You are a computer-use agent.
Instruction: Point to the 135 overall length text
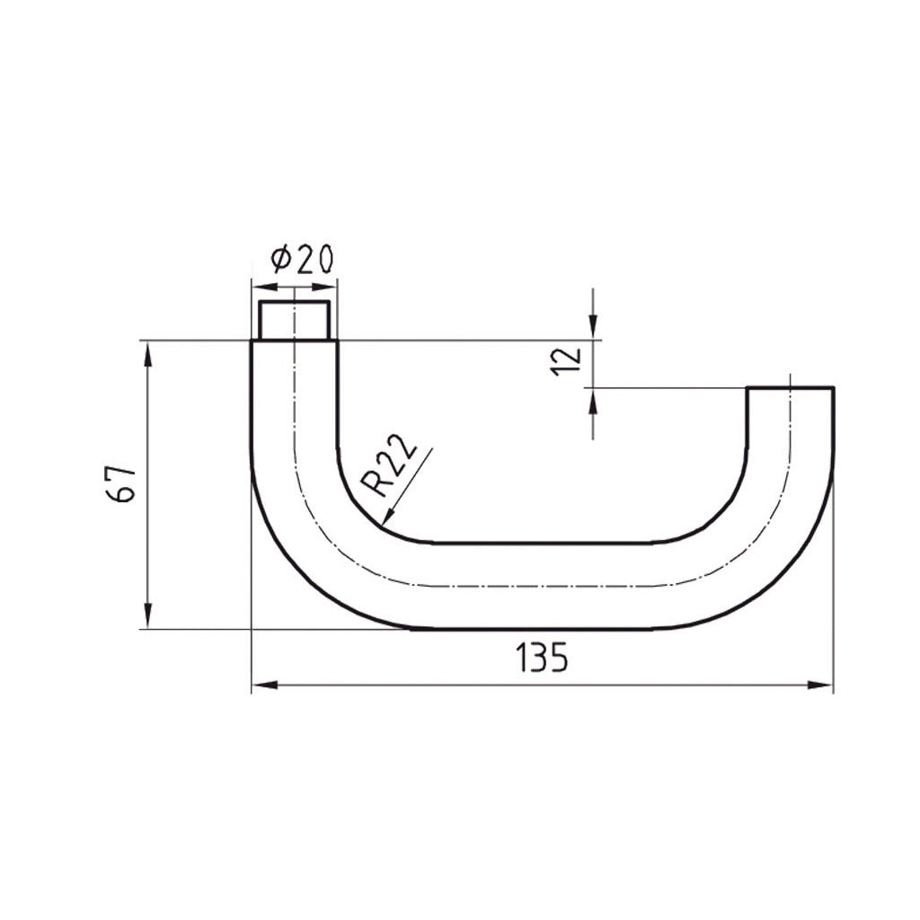pos(541,659)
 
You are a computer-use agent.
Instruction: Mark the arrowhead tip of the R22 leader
pos(385,523)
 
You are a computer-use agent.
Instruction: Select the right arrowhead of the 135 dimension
pos(823,686)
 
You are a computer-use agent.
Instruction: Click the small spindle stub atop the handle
pos(294,321)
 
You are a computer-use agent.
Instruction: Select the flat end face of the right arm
pos(791,388)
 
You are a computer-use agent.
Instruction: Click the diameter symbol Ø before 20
pos(279,260)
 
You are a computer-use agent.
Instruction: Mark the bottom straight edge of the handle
pos(539,629)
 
